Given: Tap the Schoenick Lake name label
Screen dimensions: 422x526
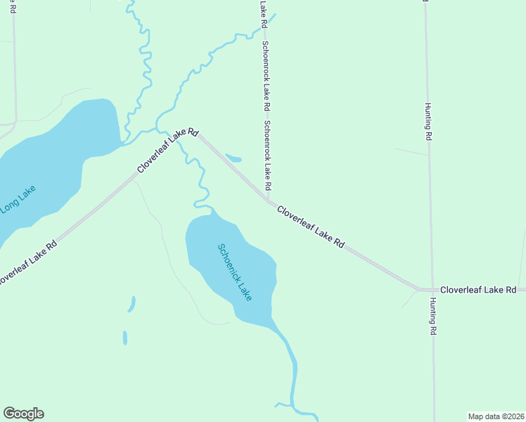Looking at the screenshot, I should point(234,273).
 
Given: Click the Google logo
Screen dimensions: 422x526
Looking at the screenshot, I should point(23,414).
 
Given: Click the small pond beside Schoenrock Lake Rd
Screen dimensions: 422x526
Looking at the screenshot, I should point(233,158).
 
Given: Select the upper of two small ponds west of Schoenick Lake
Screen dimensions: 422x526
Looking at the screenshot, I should point(131,304).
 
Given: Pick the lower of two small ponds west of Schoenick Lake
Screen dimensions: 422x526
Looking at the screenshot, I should point(125,338).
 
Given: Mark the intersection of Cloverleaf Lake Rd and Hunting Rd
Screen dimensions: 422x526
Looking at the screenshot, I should point(430,290).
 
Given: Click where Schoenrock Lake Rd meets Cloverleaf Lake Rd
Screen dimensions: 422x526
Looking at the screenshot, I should point(268,200).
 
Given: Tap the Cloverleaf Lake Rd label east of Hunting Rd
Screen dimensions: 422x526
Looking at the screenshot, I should point(478,290).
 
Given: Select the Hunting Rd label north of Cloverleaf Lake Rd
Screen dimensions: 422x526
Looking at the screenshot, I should point(427,122).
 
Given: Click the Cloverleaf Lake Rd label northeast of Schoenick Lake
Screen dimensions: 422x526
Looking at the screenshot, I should point(310,226).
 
